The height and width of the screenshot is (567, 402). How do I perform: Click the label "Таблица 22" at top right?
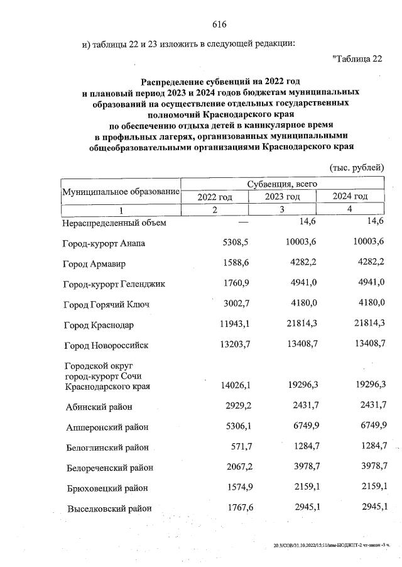(x=356, y=59)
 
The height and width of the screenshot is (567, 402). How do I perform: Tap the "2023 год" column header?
(x=282, y=197)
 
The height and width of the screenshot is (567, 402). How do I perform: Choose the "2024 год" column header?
(x=350, y=197)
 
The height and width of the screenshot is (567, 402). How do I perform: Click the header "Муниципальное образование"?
(x=121, y=190)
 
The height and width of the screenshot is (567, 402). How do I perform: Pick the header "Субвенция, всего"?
(x=283, y=184)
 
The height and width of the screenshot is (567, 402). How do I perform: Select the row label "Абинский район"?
(x=99, y=407)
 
